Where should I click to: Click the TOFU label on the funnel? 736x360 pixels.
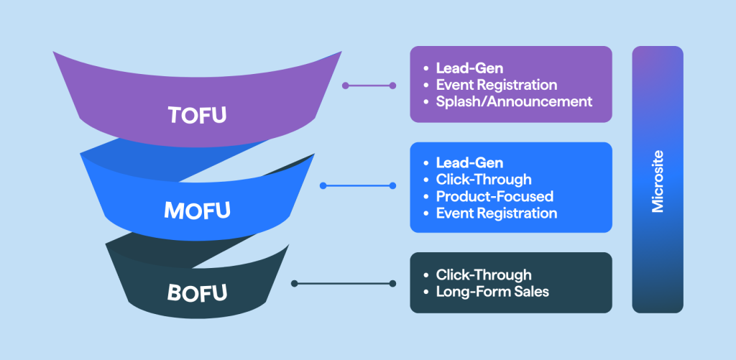[x=197, y=115]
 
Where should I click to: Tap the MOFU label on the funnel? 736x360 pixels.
[x=197, y=210]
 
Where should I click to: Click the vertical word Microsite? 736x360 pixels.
[x=658, y=182]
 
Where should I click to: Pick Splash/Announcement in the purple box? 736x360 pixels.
[x=514, y=101]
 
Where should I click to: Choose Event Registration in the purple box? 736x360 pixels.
[x=497, y=85]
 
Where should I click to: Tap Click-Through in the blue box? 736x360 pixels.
[x=484, y=180]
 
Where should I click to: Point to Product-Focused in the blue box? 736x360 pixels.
[x=494, y=196]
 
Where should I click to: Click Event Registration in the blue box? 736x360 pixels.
[x=497, y=213]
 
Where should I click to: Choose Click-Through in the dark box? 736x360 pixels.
[x=484, y=274]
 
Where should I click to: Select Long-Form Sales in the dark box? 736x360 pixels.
[x=492, y=291]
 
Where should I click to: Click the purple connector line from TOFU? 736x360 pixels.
[x=369, y=86]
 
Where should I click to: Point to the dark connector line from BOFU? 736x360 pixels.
[x=344, y=284]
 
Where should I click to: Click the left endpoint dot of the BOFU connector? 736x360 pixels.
[x=295, y=284]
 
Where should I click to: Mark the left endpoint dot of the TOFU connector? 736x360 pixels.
[x=346, y=86]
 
